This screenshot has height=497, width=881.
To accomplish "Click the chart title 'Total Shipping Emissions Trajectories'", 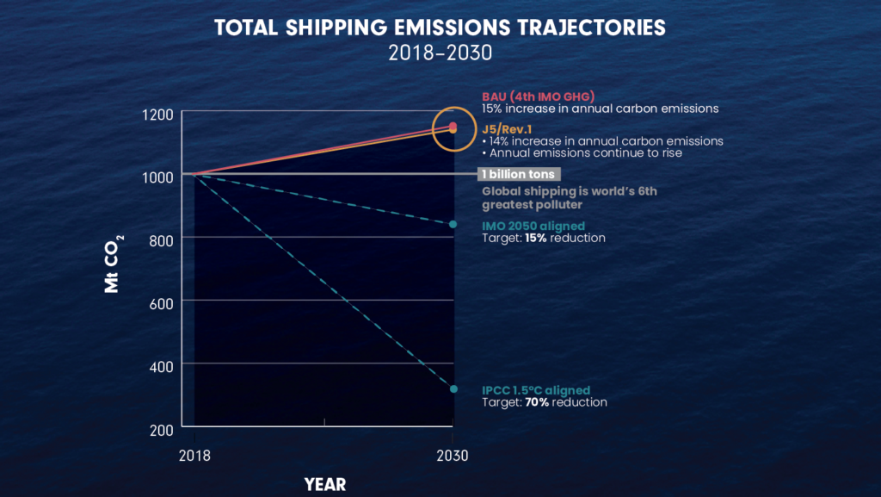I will [x=440, y=28].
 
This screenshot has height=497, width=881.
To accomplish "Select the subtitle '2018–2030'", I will [x=440, y=52].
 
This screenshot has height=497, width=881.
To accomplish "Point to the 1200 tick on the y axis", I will [x=157, y=115].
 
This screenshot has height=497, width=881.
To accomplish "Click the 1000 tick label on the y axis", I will [x=157, y=176].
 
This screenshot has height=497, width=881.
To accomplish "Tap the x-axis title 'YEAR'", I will [x=324, y=484].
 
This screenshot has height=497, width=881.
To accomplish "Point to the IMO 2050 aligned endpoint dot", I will [x=453, y=225].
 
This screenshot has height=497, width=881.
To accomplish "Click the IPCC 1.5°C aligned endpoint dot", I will [x=453, y=389].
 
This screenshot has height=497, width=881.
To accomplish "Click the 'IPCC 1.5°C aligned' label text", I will [x=535, y=390].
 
